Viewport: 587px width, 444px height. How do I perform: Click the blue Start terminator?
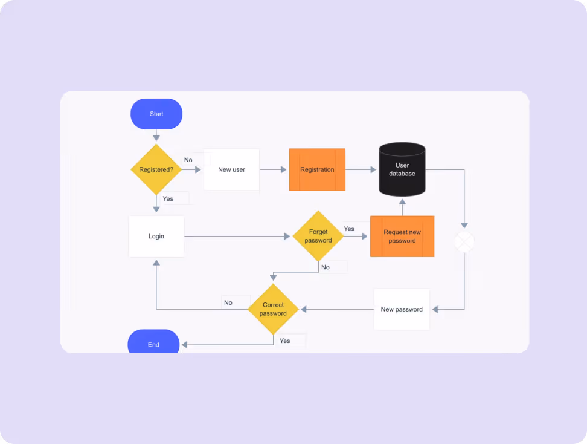point(156,114)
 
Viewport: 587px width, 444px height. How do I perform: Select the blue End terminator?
point(153,342)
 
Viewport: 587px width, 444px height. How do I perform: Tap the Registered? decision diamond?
point(156,169)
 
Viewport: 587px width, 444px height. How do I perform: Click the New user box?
point(232,169)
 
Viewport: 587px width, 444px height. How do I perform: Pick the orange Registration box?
point(317,169)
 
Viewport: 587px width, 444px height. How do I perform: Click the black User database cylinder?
point(402,169)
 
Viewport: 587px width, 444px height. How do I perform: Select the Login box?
point(156,237)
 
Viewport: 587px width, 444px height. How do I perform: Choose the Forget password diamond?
point(318,236)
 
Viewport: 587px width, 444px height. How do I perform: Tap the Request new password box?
point(402,237)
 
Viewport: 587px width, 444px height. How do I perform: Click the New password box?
point(402,309)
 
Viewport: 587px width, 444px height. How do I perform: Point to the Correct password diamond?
point(274,309)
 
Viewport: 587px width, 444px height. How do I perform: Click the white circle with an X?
point(464,241)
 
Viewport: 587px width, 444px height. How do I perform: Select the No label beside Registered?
point(188,160)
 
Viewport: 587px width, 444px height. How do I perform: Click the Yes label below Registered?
point(168,199)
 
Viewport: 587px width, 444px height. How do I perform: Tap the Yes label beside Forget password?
point(349,229)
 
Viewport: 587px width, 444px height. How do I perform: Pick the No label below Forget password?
point(326,267)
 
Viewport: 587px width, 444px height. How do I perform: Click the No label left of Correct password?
point(228,302)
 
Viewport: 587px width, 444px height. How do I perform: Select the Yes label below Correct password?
point(285,341)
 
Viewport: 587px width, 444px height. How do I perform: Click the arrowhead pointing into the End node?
point(184,345)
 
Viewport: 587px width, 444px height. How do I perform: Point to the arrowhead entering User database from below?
point(402,202)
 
